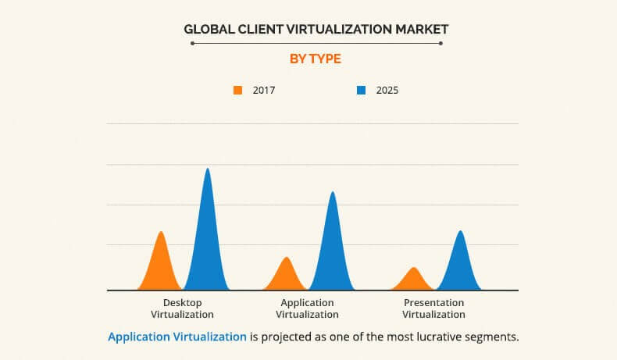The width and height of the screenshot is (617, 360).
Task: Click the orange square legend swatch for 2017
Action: (238, 90)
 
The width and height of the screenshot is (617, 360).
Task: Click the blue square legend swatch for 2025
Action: (361, 90)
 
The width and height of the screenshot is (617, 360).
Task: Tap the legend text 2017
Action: (264, 90)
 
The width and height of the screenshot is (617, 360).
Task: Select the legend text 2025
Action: (387, 90)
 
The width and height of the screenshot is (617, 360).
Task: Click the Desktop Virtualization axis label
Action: (182, 308)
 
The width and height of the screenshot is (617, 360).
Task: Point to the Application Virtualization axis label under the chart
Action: (308, 308)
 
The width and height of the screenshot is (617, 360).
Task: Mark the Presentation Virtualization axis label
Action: (433, 308)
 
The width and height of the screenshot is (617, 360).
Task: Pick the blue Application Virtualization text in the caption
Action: (177, 337)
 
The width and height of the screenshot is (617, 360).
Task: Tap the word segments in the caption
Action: (493, 337)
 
